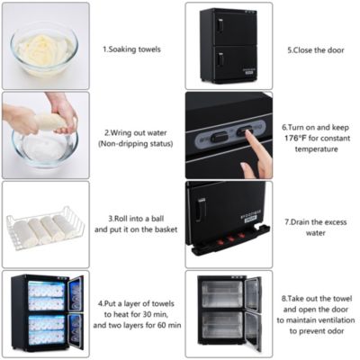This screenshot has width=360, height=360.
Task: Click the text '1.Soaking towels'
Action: click(131, 49)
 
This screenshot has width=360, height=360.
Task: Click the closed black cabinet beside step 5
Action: click(230, 45)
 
